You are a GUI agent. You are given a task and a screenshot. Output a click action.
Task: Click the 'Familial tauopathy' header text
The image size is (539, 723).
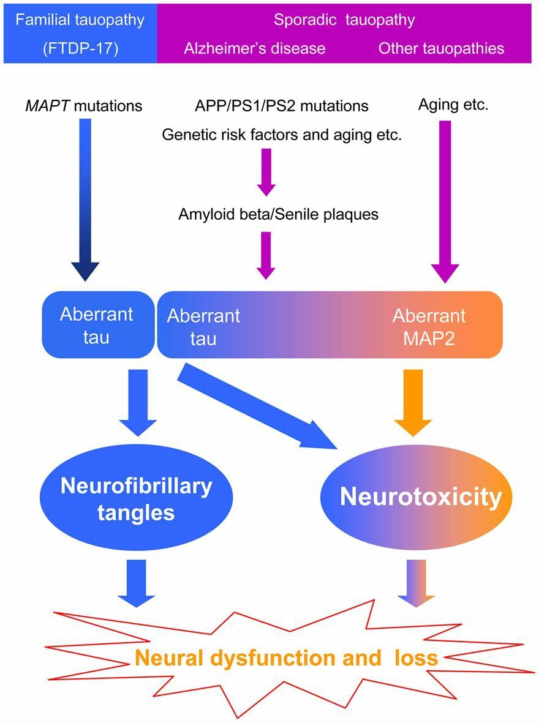tap(80, 20)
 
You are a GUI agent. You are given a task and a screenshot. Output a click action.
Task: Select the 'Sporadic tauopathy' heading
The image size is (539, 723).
tap(344, 20)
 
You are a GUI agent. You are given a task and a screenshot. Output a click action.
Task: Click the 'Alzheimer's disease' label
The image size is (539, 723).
tap(254, 48)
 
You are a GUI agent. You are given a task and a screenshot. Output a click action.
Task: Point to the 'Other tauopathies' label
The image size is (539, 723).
tap(441, 48)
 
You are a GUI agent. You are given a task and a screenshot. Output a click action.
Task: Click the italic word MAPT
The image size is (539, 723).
tap(44, 106)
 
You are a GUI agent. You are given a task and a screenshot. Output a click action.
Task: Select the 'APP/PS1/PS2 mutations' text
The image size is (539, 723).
tap(282, 106)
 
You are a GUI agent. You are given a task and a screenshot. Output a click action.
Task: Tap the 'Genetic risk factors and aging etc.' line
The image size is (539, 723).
tap(282, 135)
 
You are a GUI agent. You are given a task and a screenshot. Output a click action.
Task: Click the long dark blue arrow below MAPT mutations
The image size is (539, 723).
tap(85, 196)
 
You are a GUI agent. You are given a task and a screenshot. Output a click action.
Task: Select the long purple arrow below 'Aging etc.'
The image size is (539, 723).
tap(445, 196)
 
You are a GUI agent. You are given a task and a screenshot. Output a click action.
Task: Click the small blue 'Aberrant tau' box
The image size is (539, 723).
tap(96, 324)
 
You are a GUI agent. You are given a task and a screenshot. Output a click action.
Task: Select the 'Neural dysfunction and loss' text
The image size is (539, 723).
tap(287, 658)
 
